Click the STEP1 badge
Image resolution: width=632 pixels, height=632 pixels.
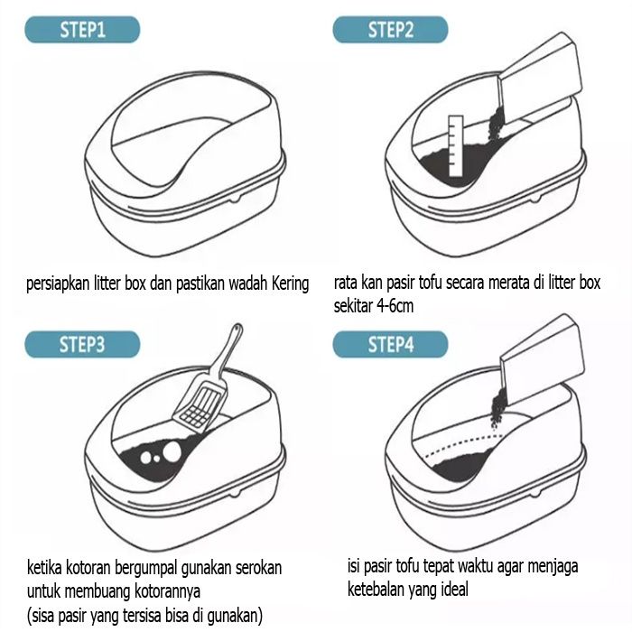click(x=82, y=30)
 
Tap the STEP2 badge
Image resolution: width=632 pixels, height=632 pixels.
click(x=390, y=30)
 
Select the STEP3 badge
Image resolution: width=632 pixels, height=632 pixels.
click(x=82, y=344)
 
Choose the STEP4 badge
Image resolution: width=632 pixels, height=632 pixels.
click(x=390, y=344)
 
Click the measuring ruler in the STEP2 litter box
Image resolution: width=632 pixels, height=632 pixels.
click(x=455, y=146)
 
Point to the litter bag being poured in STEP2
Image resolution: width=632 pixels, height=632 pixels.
click(x=540, y=79)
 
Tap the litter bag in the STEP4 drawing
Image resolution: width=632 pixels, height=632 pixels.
click(x=542, y=358)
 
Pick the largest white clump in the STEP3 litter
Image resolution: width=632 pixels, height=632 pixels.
click(x=172, y=451)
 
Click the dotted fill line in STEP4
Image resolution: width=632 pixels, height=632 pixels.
click(x=463, y=443)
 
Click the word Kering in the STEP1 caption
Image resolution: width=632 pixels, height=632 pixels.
click(x=290, y=284)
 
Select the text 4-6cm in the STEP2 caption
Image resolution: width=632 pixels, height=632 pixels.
click(x=395, y=306)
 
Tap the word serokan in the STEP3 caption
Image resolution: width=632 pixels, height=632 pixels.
click(x=258, y=568)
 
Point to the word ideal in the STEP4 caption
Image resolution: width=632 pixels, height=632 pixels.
click(x=455, y=590)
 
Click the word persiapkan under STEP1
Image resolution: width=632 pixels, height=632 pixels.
click(x=58, y=284)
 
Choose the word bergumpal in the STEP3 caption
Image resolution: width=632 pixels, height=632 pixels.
click(x=146, y=569)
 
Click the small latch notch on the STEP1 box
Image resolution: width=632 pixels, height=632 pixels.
click(x=236, y=199)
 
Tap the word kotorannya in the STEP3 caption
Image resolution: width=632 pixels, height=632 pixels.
click(x=167, y=592)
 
